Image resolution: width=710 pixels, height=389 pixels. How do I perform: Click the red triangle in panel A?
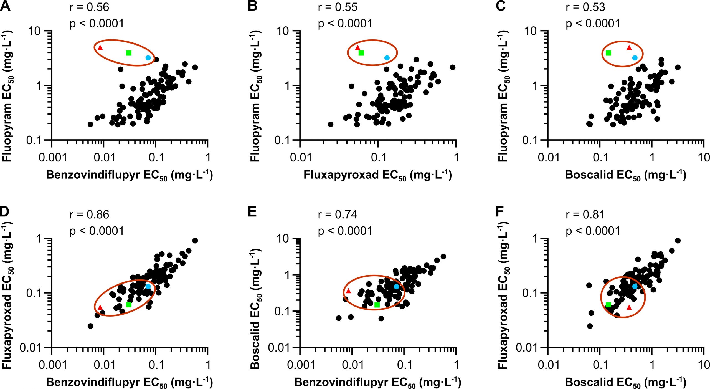click(x=100, y=48)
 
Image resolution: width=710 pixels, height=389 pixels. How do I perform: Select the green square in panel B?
click(x=361, y=53)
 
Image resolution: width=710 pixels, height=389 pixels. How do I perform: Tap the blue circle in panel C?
click(x=635, y=58)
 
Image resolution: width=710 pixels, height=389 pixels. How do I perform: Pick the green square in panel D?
click(x=129, y=305)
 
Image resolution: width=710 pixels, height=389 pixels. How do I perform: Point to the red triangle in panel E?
click(x=348, y=291)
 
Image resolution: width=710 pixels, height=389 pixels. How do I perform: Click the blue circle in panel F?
click(x=635, y=286)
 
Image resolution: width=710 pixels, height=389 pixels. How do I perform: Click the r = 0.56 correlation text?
click(x=89, y=7)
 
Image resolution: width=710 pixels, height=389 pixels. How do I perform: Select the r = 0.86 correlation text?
click(x=89, y=214)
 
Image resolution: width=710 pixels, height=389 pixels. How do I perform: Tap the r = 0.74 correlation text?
click(x=338, y=214)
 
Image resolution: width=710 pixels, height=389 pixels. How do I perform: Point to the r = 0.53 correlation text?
click(x=585, y=7)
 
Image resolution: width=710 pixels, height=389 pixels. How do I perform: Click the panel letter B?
click(x=253, y=6)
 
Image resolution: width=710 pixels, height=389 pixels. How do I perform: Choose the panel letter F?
click(x=499, y=212)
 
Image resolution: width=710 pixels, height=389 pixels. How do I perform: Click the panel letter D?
click(x=5, y=212)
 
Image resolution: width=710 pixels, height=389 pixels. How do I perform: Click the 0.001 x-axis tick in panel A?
click(x=53, y=158)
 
